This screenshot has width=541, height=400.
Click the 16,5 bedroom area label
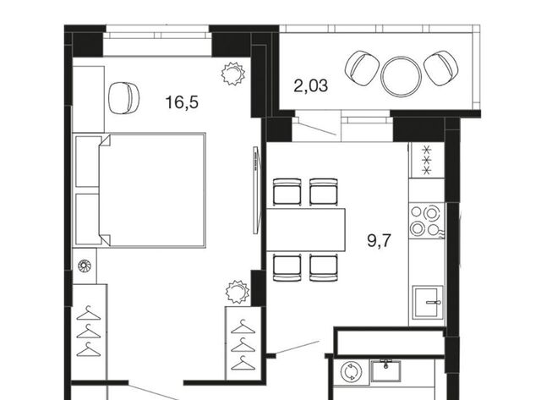pyautogui.click(x=182, y=102)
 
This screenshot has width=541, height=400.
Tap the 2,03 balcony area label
pyautogui.click(x=310, y=85)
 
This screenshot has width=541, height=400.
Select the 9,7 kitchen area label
pyautogui.click(x=380, y=240)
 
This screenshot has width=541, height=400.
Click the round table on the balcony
pyautogui.click(x=401, y=77)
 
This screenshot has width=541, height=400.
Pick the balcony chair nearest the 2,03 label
pyautogui.click(x=362, y=68)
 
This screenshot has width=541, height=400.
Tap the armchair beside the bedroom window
pyautogui.click(x=124, y=97)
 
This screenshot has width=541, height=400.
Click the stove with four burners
pyautogui.click(x=426, y=220)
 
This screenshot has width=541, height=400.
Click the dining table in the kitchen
pyautogui.click(x=306, y=229)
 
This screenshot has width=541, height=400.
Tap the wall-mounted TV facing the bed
pyautogui.click(x=255, y=190)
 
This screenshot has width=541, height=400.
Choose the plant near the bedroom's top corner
pyautogui.click(x=233, y=74)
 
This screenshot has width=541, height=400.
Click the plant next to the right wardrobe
pyautogui.click(x=238, y=292)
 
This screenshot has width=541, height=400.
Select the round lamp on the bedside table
pyautogui.click(x=85, y=266)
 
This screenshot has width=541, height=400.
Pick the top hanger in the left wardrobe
pyautogui.click(x=89, y=313)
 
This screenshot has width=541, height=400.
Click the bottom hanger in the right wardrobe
pyautogui.click(x=243, y=363)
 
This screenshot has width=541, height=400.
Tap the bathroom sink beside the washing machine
pyautogui.click(x=385, y=370)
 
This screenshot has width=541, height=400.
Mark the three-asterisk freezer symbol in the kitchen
pyautogui.click(x=427, y=160)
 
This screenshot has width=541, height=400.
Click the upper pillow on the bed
pyautogui.click(x=88, y=162)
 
